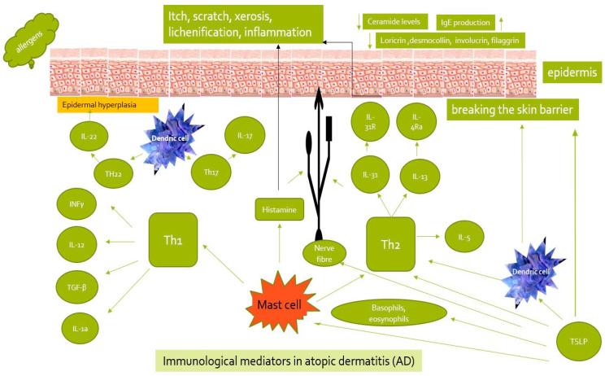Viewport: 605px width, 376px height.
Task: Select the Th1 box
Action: (174, 240)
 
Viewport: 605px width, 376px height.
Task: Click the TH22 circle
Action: (113, 173)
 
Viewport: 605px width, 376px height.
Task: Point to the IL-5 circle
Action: (464, 238)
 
